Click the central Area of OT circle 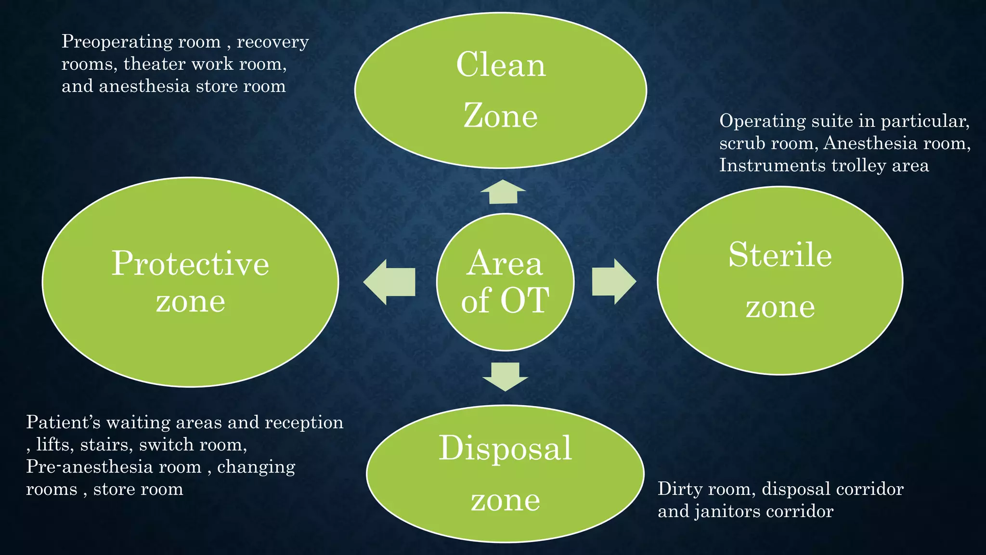coord(505,282)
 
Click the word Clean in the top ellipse coord(501,65)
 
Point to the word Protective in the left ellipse coord(190,264)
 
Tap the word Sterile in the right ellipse coord(780,255)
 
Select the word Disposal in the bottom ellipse coord(505,449)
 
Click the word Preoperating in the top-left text coord(117,42)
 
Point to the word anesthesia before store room coord(144,87)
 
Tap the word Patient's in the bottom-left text coord(63,423)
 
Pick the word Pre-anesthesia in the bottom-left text coord(114,467)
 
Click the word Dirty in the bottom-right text coord(677,489)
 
